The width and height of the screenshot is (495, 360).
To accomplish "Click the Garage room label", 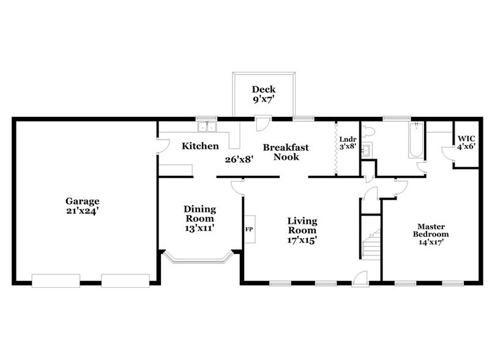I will (83, 201).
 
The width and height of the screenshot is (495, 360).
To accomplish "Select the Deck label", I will (264, 89).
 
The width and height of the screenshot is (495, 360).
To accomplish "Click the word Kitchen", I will (200, 146).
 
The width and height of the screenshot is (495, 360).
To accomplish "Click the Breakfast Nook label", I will (286, 152).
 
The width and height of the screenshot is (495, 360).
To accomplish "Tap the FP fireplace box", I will (250, 230).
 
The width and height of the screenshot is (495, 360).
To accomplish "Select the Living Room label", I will (303, 226).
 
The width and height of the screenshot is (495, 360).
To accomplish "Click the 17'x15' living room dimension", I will (303, 240).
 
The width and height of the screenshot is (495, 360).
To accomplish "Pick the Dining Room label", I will (199, 214).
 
